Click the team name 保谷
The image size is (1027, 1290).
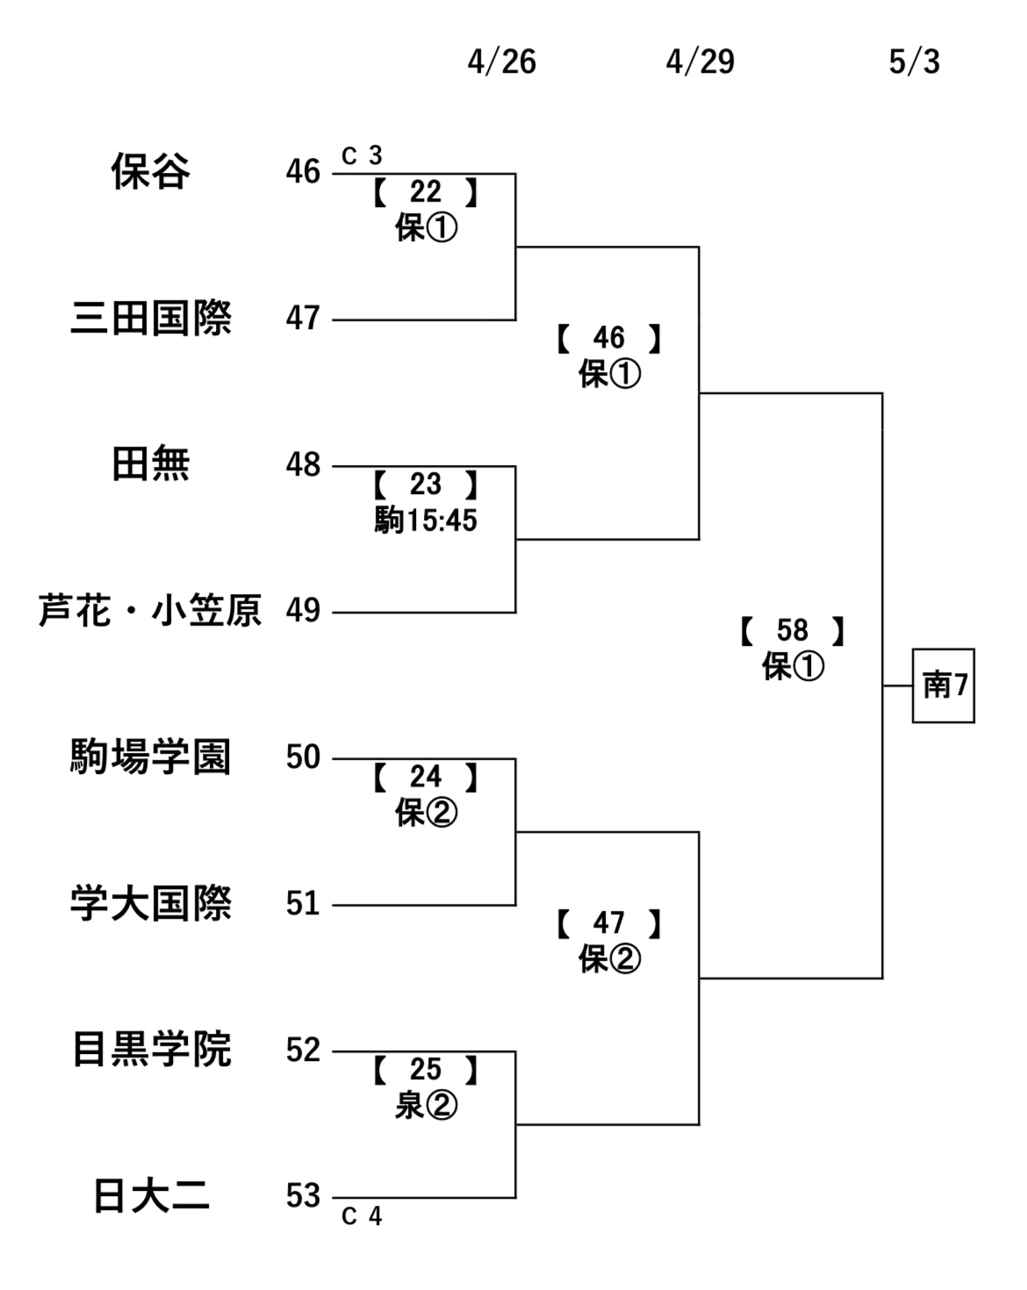click(x=150, y=171)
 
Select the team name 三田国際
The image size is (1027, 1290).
click(x=150, y=318)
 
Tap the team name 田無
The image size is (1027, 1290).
click(x=150, y=464)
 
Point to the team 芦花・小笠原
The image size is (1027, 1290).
click(x=150, y=611)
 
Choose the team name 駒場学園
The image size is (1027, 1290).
click(x=150, y=757)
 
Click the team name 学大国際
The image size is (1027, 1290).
click(x=150, y=904)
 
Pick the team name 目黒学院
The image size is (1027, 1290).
click(x=150, y=1050)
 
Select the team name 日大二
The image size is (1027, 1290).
click(x=150, y=1196)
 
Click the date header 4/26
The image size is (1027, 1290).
click(x=501, y=62)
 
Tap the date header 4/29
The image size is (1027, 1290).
click(x=700, y=62)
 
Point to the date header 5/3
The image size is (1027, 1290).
click(x=914, y=62)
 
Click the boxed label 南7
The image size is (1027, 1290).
click(x=944, y=685)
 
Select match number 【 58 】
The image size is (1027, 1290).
click(x=793, y=631)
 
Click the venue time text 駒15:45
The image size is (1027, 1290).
click(x=426, y=520)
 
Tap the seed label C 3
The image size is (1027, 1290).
click(x=362, y=156)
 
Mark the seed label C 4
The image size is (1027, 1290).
click(x=362, y=1216)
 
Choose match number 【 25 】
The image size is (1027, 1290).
click(x=426, y=1070)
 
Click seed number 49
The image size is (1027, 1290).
click(x=303, y=611)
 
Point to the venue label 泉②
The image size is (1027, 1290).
click(x=426, y=1106)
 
